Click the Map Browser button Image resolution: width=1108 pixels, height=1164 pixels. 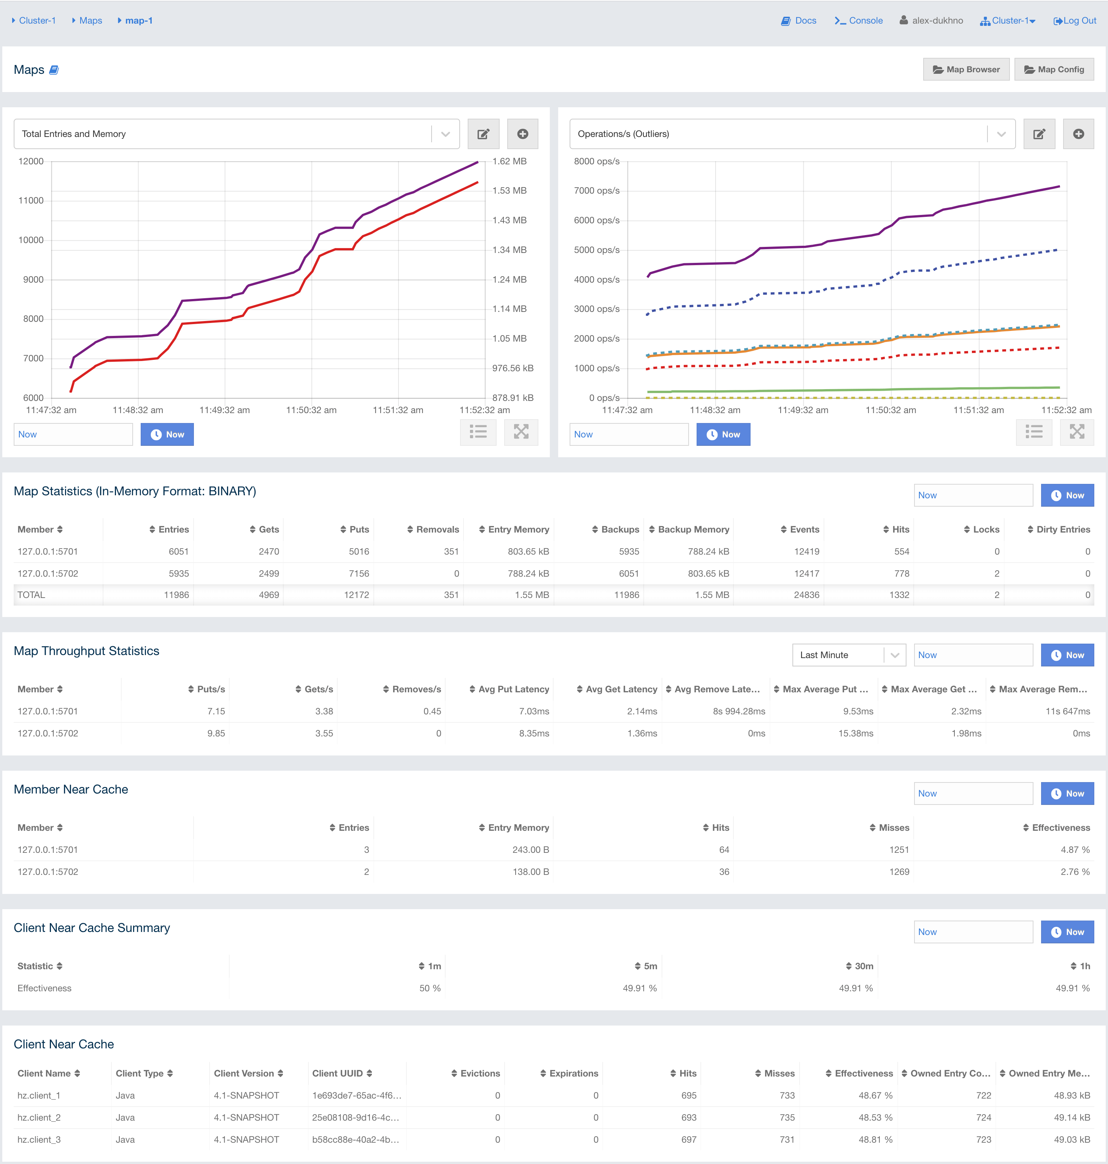pyautogui.click(x=966, y=69)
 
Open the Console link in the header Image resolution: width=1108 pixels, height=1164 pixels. pyautogui.click(x=859, y=21)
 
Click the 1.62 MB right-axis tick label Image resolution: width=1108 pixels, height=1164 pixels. pyautogui.click(x=509, y=161)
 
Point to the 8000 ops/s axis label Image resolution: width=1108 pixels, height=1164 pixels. pyautogui.click(x=597, y=161)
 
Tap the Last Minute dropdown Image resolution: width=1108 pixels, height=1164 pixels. pyautogui.click(x=848, y=655)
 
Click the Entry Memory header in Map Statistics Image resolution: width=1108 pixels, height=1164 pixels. pyautogui.click(x=518, y=530)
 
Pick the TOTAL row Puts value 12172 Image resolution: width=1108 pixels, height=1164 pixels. pyautogui.click(x=356, y=595)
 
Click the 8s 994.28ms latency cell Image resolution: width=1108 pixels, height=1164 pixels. pyautogui.click(x=738, y=711)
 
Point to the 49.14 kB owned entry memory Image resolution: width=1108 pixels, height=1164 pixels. pyautogui.click(x=1071, y=1117)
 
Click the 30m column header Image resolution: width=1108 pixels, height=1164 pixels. pyautogui.click(x=863, y=966)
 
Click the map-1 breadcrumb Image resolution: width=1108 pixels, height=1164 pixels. pyautogui.click(x=139, y=21)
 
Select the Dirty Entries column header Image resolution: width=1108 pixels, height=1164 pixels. pyautogui.click(x=1062, y=530)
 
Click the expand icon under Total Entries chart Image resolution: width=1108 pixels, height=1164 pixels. pyautogui.click(x=521, y=432)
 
